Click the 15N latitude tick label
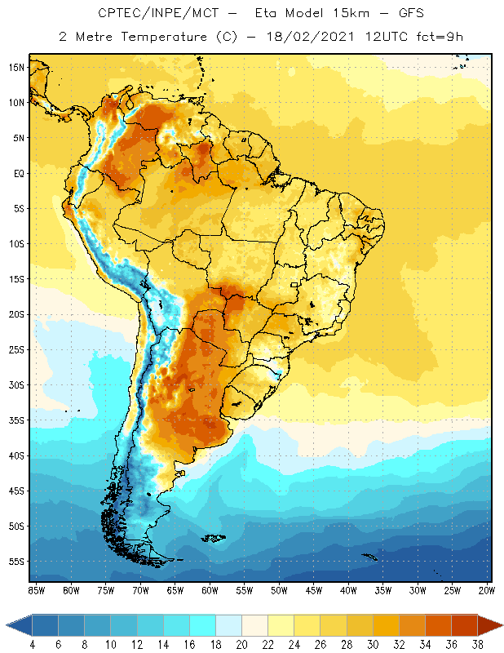click(16, 67)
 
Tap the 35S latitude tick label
click(16, 420)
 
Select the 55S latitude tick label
click(16, 562)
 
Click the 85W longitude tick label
click(37, 590)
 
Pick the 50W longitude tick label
click(279, 590)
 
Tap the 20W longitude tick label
click(487, 590)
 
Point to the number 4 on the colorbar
click(33, 645)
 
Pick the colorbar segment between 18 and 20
click(229, 625)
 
